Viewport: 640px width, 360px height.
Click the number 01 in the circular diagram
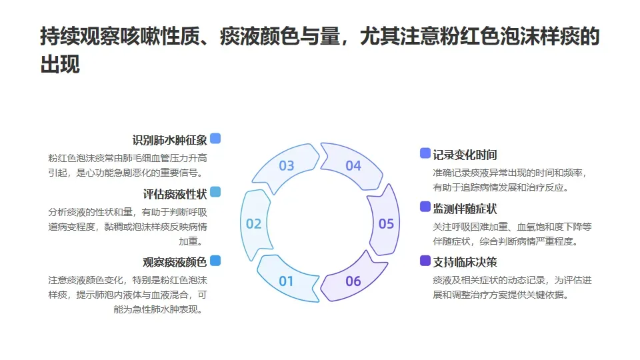tap(286, 281)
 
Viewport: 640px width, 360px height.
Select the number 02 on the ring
tap(254, 224)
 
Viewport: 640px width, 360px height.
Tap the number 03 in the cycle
tap(287, 165)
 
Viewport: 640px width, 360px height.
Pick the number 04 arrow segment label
tap(353, 165)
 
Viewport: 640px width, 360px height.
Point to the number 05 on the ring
tap(387, 224)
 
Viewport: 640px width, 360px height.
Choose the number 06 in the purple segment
tap(353, 281)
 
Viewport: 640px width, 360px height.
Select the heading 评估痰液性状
tap(175, 194)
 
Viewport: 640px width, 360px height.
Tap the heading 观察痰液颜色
tap(175, 262)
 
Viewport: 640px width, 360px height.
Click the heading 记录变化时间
tap(465, 155)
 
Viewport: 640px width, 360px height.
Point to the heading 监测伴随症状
tap(465, 208)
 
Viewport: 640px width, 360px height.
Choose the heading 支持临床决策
tap(465, 262)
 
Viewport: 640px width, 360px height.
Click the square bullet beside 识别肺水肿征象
tap(215, 139)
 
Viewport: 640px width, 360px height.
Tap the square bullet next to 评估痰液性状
tap(215, 193)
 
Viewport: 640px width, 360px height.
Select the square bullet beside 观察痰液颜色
tap(215, 261)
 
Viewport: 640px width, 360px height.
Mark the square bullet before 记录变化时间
tap(425, 153)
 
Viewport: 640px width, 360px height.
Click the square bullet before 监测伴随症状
tap(425, 207)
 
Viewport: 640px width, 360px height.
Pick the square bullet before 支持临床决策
tap(425, 261)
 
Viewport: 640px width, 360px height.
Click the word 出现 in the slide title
tap(60, 65)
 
